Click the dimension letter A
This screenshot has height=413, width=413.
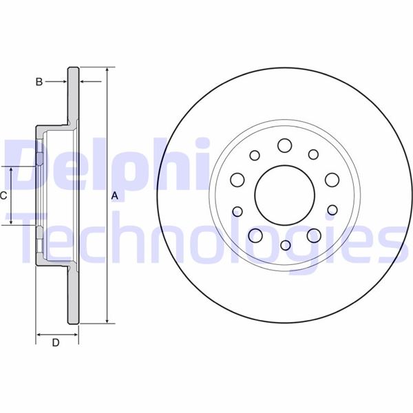point(115,196)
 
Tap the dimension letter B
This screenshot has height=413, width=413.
point(39,82)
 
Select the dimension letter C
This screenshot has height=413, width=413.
point(3,195)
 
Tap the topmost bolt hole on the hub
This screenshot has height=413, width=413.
point(284,145)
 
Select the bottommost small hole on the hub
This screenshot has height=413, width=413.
point(284,245)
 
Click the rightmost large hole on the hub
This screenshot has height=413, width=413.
point(332,180)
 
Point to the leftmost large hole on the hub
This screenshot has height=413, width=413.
point(237,180)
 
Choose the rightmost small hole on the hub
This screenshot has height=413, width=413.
point(332,209)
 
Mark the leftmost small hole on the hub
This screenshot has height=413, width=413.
point(237,210)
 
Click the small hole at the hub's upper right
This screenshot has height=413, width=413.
point(313,154)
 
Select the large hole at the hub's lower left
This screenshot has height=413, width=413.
point(255,235)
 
